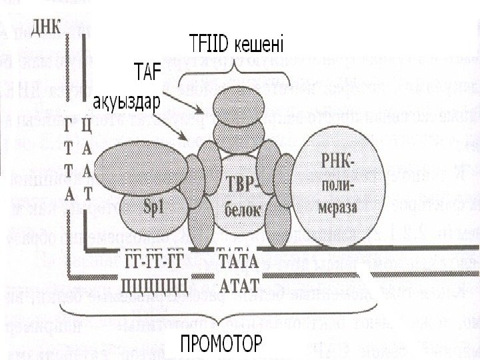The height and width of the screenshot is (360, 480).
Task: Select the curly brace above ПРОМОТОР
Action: [220, 317]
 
